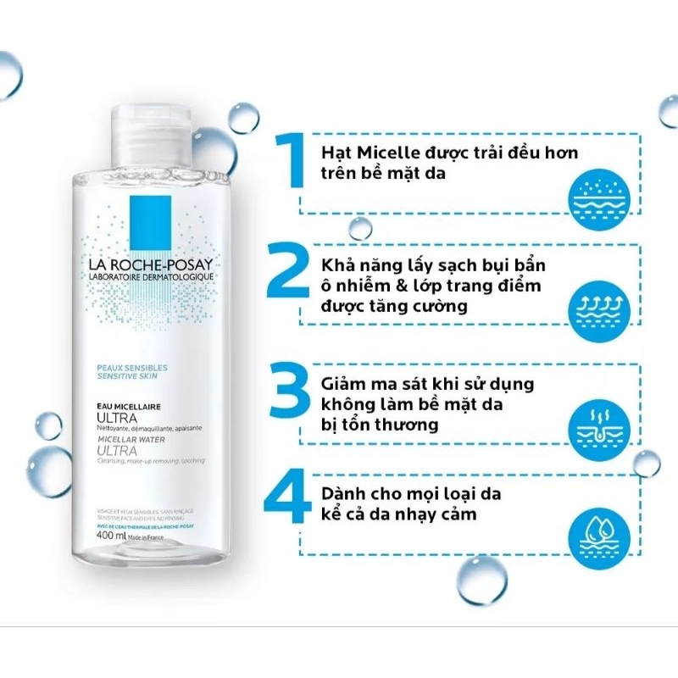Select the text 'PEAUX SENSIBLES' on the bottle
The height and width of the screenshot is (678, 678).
[131, 367]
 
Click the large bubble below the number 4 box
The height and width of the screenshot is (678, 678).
[481, 579]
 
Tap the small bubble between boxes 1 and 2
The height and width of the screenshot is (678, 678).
[360, 227]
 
